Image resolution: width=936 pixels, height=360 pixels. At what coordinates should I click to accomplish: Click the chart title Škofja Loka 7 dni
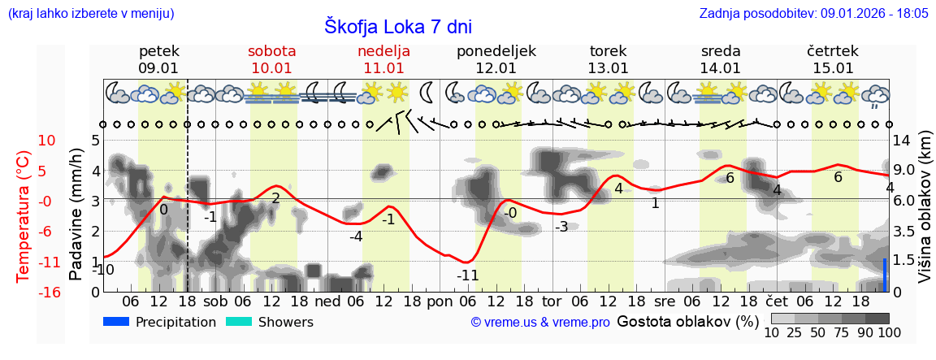point(397,26)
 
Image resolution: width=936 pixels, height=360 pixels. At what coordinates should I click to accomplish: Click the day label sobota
point(271,51)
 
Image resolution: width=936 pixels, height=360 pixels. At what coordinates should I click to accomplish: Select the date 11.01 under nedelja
point(383,68)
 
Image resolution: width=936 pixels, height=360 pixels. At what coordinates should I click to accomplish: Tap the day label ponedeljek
point(496,51)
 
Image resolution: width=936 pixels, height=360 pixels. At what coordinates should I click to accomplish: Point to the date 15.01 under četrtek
point(833,68)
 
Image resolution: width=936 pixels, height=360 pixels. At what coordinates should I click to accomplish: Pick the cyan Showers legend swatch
point(238,322)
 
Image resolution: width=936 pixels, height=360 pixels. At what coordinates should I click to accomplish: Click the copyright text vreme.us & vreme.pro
point(540,323)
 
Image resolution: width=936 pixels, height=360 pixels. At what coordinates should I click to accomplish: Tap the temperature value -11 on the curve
point(467,275)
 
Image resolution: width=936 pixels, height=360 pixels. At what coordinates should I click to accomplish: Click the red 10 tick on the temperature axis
point(47,141)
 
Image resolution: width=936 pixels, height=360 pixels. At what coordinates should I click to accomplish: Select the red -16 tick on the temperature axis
point(49,293)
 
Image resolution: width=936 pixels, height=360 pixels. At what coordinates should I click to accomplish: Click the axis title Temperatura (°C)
point(24,216)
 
